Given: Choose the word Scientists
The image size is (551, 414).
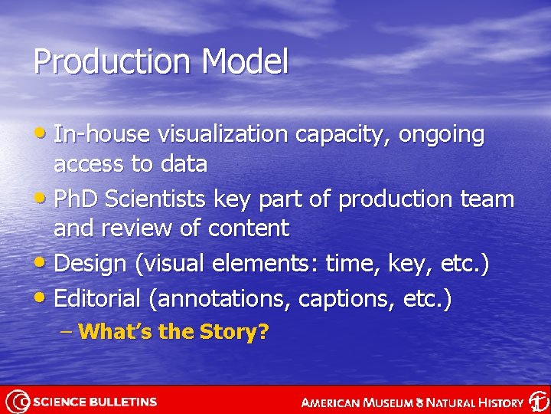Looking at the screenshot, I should (x=156, y=199).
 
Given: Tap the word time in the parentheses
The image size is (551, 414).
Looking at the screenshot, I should (x=348, y=264).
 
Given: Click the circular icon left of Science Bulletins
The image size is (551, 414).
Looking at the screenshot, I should (x=18, y=402).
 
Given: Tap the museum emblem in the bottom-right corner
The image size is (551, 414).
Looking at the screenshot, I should (x=538, y=402).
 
